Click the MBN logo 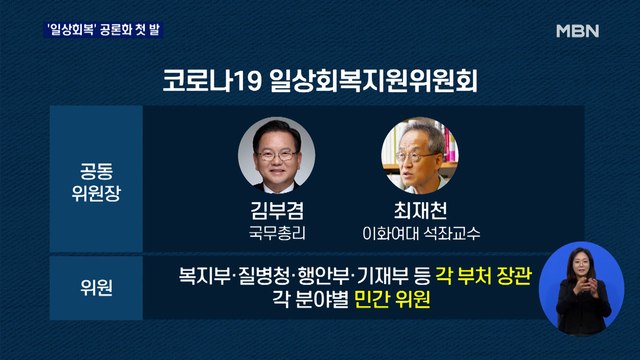pos(577,31)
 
